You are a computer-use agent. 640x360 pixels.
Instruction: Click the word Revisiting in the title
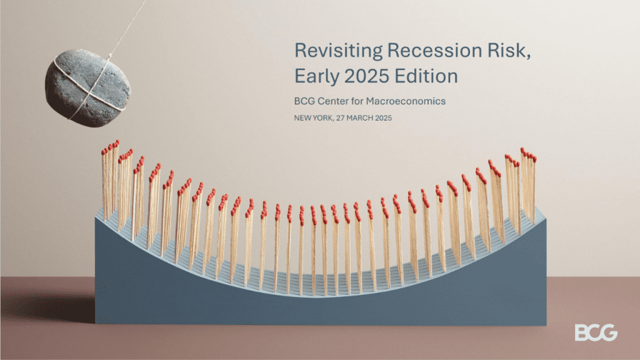[338, 51]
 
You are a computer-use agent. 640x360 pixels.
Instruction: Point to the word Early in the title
[317, 77]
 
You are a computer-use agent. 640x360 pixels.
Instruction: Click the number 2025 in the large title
[366, 76]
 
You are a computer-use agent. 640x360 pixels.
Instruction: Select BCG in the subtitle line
[304, 101]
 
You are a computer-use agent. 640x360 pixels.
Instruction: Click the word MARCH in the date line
[360, 118]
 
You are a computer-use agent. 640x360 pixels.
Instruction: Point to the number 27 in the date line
[341, 118]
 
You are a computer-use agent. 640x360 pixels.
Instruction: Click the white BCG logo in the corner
[596, 332]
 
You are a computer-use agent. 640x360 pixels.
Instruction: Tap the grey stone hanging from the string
[87, 87]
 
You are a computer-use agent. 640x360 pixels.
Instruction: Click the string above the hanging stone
[127, 27]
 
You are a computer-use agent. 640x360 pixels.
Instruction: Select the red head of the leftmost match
[103, 152]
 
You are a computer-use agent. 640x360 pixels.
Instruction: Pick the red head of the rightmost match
[534, 159]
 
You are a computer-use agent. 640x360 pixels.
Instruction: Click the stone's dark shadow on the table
[53, 305]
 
